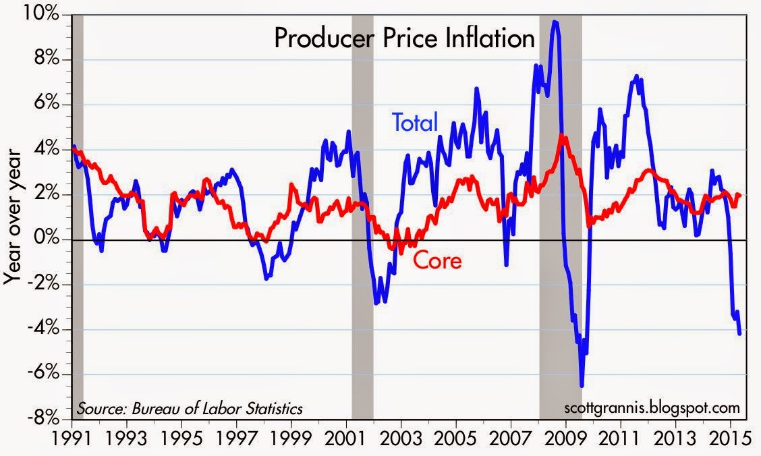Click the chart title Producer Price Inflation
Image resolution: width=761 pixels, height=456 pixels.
404,38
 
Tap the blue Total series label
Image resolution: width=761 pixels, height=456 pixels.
415,122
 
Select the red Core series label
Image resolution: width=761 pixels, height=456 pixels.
437,260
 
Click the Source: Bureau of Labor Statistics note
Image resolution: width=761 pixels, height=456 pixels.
190,408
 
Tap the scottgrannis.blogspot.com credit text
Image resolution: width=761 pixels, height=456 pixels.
650,408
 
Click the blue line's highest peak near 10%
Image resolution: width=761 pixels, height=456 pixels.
555,22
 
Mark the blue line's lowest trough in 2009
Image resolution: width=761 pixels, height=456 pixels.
582,386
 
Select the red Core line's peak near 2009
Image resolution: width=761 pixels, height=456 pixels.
563,136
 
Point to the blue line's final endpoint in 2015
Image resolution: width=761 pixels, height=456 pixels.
740,333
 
